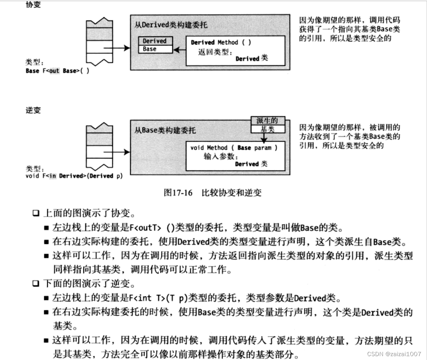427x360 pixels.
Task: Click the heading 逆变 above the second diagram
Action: coord(33,110)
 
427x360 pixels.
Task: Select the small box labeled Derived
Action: coord(154,41)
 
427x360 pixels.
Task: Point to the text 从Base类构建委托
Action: coord(165,130)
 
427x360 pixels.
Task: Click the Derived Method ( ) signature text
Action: coord(220,42)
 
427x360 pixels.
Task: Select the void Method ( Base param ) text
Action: coord(234,148)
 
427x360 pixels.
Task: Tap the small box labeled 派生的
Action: coord(267,121)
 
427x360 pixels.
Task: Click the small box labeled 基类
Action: coord(267,129)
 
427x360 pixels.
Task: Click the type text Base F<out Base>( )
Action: coord(57,71)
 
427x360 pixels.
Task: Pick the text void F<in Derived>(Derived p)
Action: coord(74,176)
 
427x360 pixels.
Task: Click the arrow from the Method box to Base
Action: coord(179,49)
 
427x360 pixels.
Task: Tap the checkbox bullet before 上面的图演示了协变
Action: coord(36,213)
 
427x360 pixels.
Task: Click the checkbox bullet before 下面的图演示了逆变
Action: coord(36,284)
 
